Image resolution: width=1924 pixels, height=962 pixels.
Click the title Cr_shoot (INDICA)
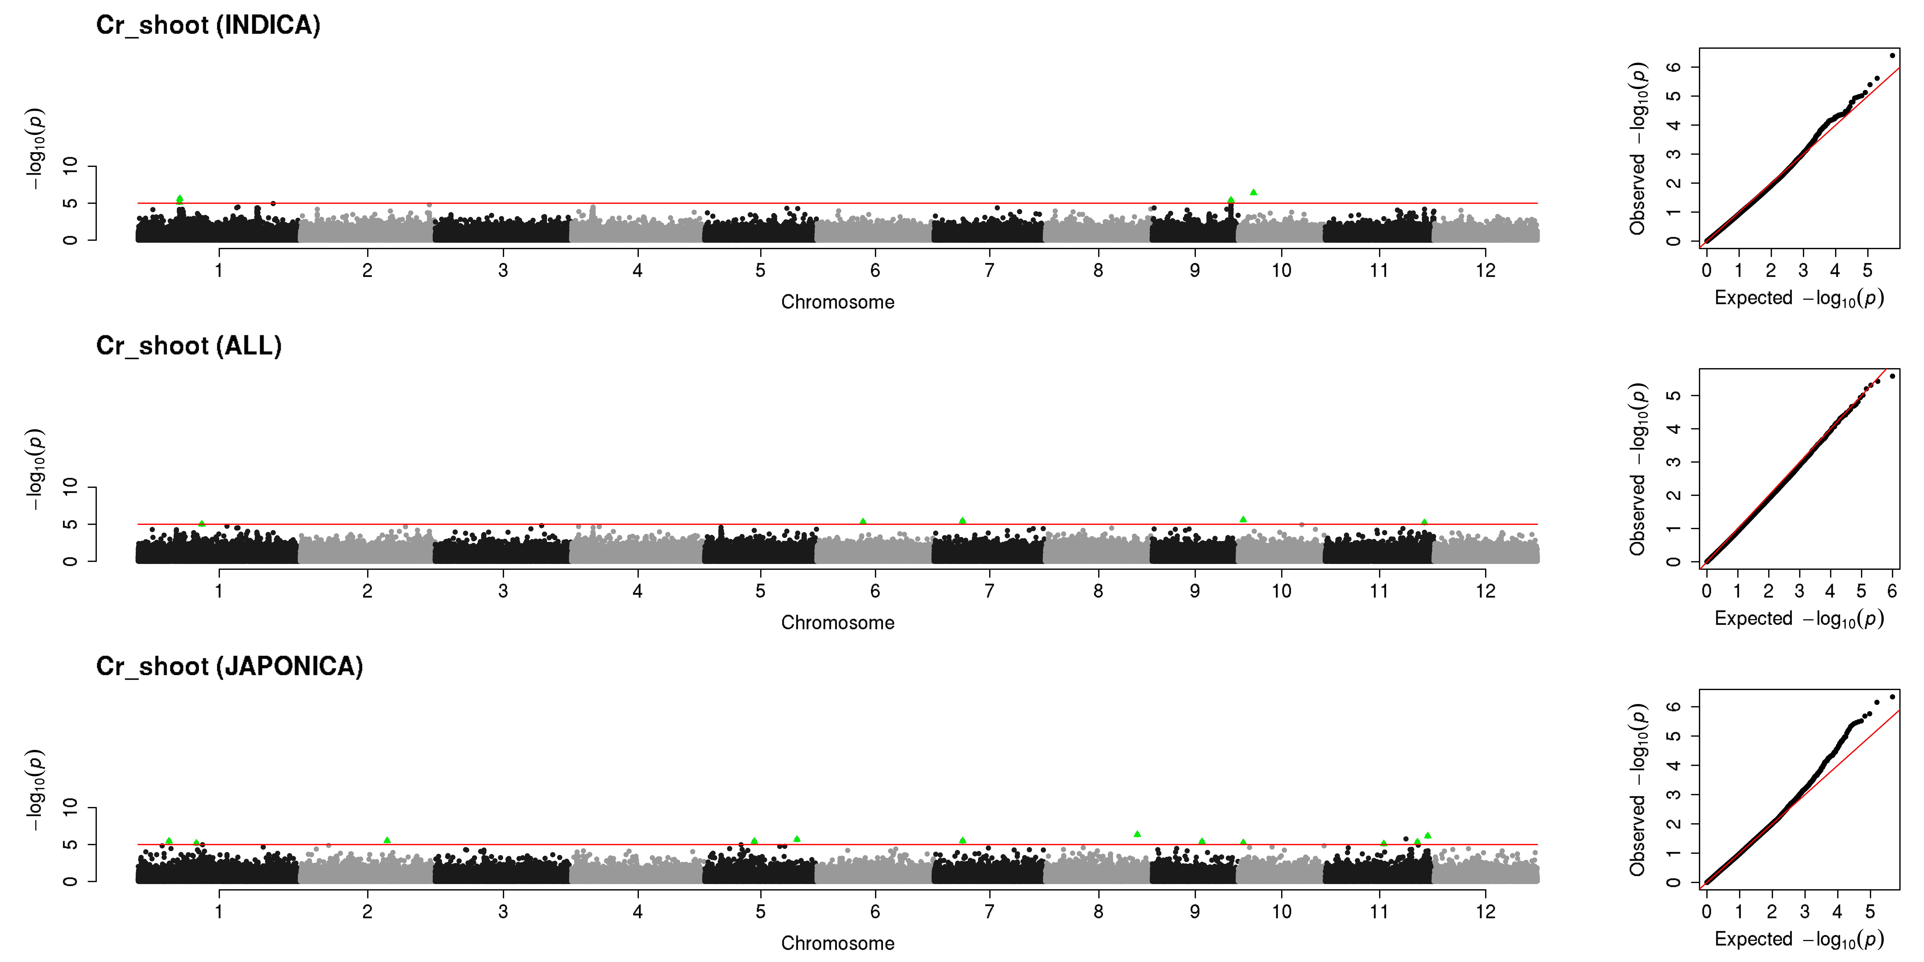[x=208, y=25]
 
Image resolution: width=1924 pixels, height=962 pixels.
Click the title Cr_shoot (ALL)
[x=189, y=346]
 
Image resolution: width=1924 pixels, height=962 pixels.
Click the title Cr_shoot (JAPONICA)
[x=229, y=666]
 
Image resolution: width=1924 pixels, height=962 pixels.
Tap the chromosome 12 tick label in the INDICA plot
[x=1485, y=270]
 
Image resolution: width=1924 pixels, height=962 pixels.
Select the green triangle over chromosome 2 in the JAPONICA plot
[x=387, y=840]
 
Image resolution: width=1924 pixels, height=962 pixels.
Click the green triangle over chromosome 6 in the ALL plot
[x=863, y=521]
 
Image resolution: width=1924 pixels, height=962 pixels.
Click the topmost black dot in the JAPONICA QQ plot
[x=1892, y=697]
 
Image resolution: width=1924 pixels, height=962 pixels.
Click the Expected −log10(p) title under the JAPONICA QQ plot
[x=1799, y=939]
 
